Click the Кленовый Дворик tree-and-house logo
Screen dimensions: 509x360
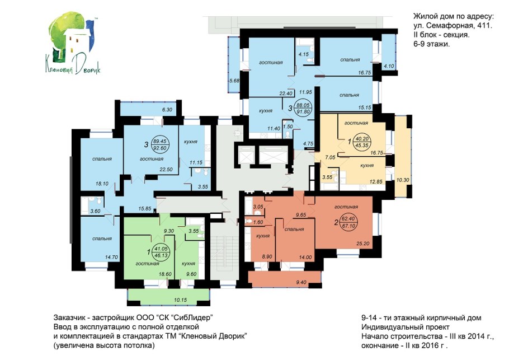click(73, 44)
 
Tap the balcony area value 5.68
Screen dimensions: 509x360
click(234, 81)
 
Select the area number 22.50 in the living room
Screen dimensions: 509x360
click(166, 169)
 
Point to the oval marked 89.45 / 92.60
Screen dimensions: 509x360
click(161, 144)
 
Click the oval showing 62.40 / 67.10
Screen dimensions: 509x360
click(348, 222)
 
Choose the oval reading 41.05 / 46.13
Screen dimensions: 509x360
click(161, 252)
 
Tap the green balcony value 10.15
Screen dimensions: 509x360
click(181, 300)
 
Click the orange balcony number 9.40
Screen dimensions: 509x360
click(301, 282)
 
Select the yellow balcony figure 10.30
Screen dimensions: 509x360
click(403, 180)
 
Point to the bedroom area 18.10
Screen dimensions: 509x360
click(102, 184)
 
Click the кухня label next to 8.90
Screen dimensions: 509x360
click(263, 236)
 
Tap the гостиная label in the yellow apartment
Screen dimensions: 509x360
click(356, 123)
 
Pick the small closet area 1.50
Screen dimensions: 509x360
click(288, 127)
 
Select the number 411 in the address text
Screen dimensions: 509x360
click(484, 26)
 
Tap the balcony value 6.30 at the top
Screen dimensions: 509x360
click(167, 110)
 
